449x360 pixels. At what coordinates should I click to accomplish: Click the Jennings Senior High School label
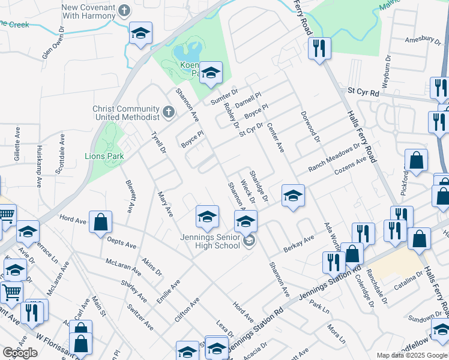210,241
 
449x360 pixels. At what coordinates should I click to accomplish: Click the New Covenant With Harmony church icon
125,10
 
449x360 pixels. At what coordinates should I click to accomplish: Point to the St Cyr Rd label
364,93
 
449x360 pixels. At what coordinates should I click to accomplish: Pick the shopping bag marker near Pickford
416,160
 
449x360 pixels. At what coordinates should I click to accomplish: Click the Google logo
20,353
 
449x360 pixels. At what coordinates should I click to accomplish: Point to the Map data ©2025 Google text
411,355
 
